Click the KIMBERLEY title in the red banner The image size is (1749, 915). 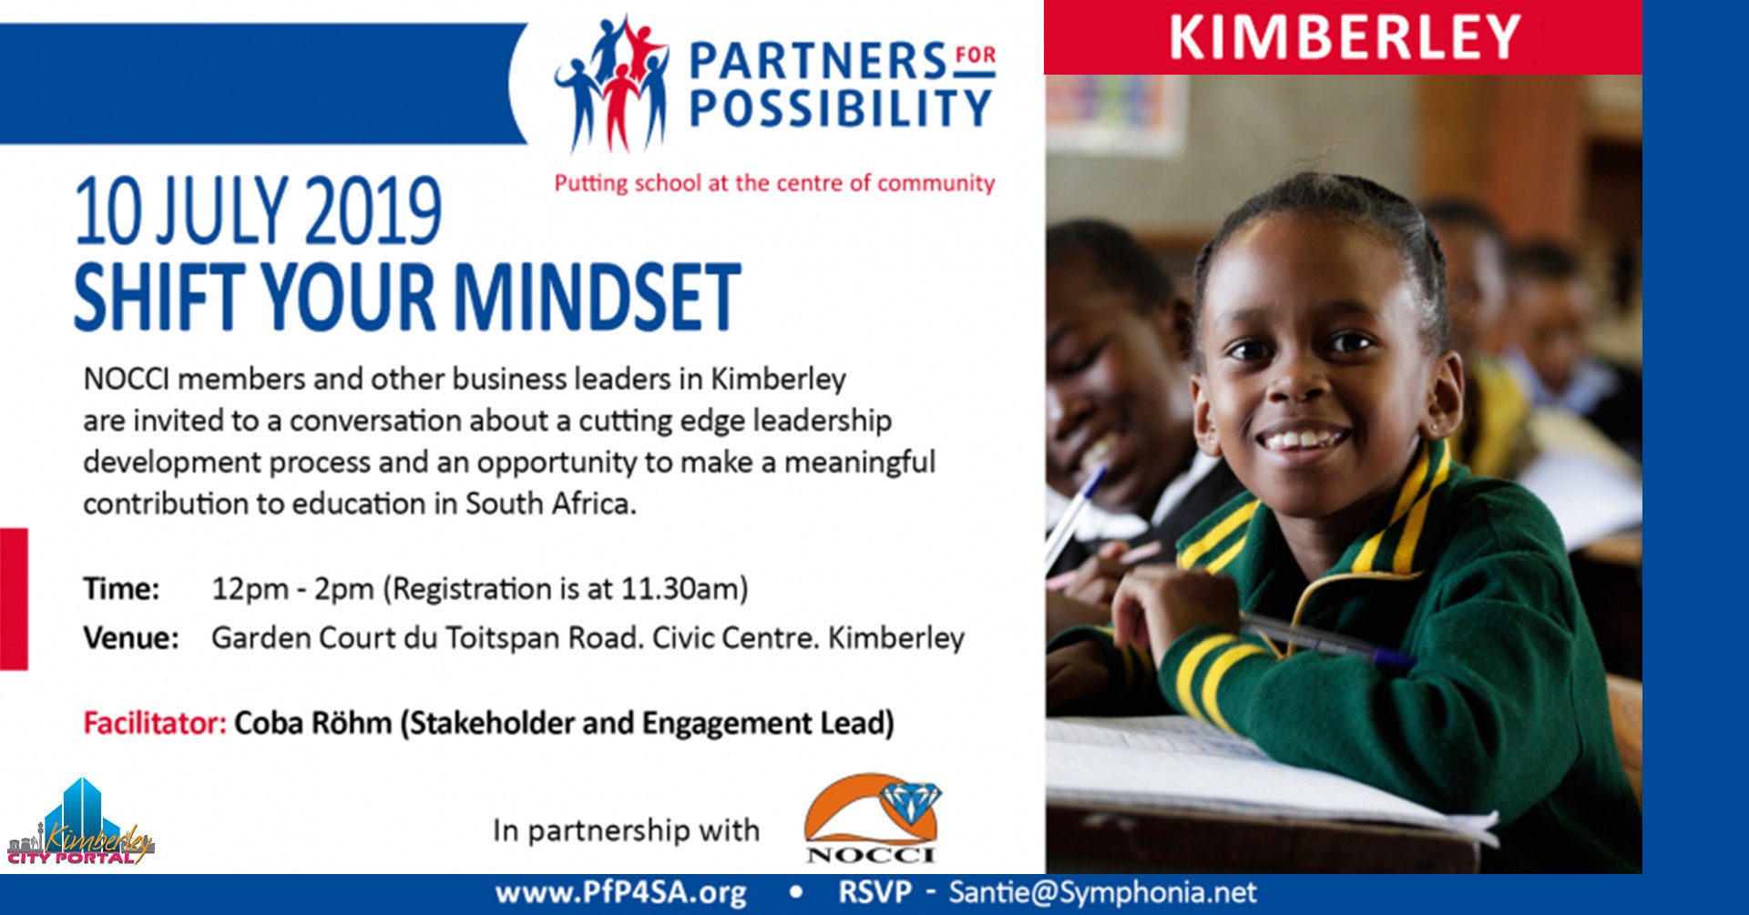(1345, 36)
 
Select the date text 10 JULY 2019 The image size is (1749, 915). (258, 211)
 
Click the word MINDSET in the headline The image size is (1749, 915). (597, 297)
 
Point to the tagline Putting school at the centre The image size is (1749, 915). (774, 183)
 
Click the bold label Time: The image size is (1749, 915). (121, 589)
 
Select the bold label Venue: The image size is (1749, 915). (131, 637)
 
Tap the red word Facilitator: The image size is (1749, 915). (155, 723)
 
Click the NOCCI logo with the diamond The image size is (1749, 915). (872, 818)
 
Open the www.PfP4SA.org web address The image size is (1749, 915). (621, 893)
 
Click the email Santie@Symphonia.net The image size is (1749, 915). (1102, 892)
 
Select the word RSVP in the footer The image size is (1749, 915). (874, 892)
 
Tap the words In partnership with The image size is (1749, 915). (626, 830)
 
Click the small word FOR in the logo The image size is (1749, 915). (976, 55)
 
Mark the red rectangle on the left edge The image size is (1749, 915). (14, 599)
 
